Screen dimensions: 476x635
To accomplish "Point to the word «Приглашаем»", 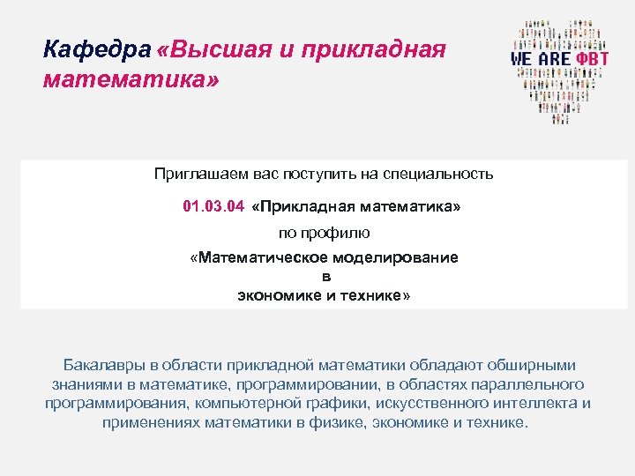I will (198, 174).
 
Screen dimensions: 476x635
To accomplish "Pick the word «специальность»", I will (441, 174).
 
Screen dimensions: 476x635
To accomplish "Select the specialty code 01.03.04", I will (213, 206).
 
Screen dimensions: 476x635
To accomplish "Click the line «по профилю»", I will (325, 233).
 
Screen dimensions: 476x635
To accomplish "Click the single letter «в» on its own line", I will (325, 277).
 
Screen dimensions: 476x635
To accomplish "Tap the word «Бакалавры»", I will (101, 365).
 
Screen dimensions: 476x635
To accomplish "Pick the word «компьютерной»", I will (239, 404).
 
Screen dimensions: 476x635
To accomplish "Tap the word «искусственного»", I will (433, 404).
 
